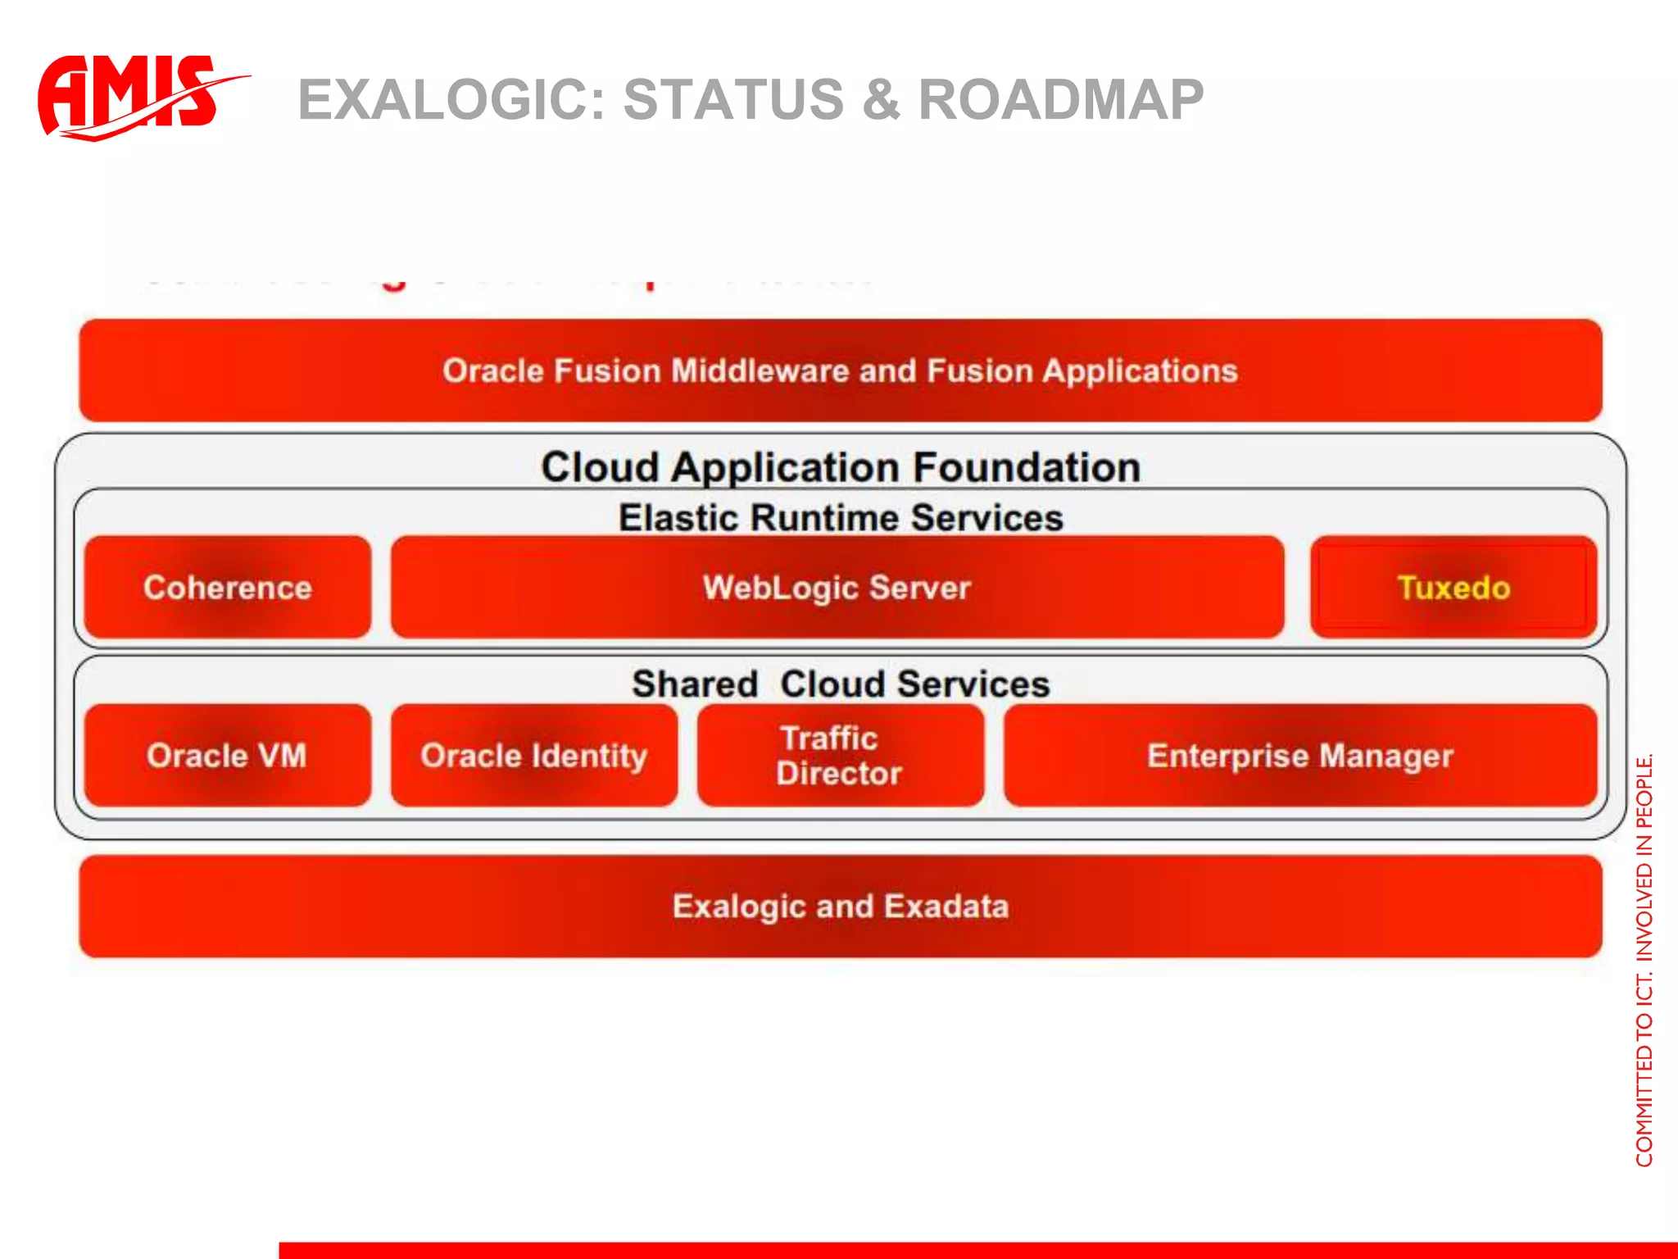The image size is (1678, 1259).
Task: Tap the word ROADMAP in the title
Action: point(1061,100)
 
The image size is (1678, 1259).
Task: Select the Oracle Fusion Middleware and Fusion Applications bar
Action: point(840,370)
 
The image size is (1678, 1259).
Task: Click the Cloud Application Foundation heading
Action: point(840,467)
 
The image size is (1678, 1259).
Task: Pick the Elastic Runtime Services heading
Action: point(840,518)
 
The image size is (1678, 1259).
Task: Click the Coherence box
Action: point(227,588)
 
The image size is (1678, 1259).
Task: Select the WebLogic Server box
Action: point(837,588)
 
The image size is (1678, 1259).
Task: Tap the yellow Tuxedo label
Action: point(1454,588)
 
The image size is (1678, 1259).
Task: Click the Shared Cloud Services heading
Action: point(840,684)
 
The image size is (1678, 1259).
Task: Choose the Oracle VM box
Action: point(227,755)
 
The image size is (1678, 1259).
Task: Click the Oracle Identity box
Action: point(533,755)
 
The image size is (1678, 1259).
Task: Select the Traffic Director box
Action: point(840,755)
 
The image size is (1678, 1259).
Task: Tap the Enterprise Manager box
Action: point(1299,755)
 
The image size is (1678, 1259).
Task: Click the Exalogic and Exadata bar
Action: point(840,907)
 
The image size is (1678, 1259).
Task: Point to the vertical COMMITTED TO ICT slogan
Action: point(1644,959)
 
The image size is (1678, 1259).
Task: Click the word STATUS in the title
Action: point(733,100)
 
